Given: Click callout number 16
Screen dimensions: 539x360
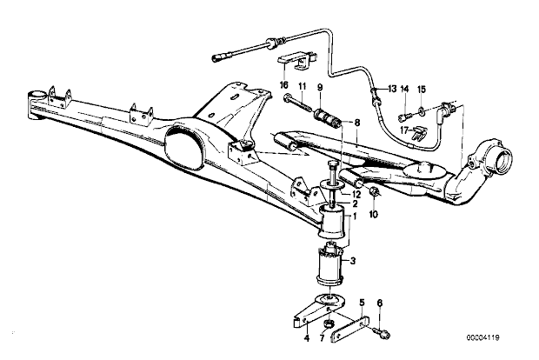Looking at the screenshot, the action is [284, 85].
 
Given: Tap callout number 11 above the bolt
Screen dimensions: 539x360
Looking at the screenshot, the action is [302, 86].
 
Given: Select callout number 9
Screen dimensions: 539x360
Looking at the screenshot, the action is [321, 87].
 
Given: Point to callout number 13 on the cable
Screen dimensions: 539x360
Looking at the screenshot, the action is [392, 89].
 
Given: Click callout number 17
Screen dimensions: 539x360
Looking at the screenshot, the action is [405, 130].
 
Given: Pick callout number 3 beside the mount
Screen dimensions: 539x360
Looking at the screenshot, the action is [353, 261].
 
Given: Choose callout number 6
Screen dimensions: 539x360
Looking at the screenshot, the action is [380, 303].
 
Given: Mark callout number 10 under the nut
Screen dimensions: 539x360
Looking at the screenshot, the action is [374, 215].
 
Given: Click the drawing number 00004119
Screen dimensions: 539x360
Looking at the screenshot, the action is [483, 337].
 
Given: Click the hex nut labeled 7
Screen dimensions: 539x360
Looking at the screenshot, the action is [329, 323].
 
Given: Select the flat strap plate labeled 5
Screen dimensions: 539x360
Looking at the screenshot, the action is [350, 329].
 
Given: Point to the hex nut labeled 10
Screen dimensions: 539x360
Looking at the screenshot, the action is [374, 191].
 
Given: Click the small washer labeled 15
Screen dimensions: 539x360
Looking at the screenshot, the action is [422, 110].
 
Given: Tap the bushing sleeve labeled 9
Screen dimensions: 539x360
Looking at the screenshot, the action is [328, 118].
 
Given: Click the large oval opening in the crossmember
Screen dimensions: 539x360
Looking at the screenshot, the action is [183, 149].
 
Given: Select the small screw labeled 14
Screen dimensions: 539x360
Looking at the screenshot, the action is [404, 117].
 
